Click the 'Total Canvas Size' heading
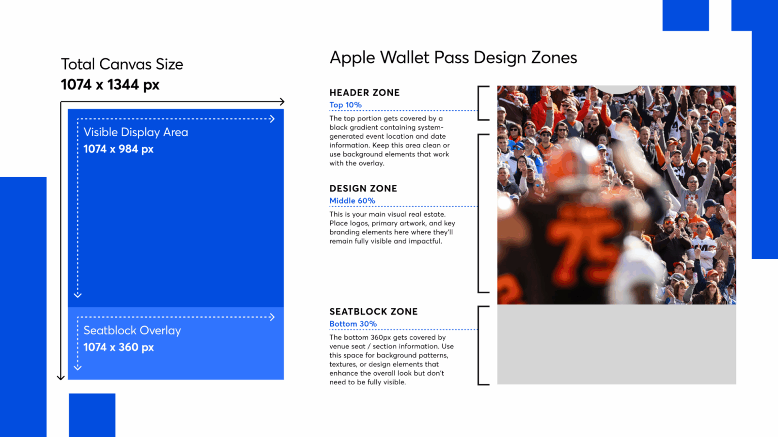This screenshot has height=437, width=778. pyautogui.click(x=122, y=64)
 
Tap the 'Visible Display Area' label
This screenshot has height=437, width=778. pyautogui.click(x=135, y=132)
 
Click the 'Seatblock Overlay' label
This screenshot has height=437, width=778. pyautogui.click(x=132, y=331)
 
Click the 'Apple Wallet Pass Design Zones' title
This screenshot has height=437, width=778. pyautogui.click(x=453, y=58)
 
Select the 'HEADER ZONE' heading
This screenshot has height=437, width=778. pyautogui.click(x=364, y=93)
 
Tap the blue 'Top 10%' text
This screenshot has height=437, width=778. pyautogui.click(x=345, y=105)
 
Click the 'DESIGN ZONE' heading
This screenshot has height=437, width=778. pyautogui.click(x=363, y=188)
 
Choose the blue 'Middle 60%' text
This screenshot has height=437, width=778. pyautogui.click(x=352, y=201)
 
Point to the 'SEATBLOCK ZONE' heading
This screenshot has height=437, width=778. pyautogui.click(x=373, y=311)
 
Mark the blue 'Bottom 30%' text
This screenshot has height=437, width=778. pyautogui.click(x=353, y=324)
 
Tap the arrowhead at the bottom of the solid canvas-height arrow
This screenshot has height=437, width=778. pyautogui.click(x=61, y=377)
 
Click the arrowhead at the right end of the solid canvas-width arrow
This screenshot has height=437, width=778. pyautogui.click(x=282, y=102)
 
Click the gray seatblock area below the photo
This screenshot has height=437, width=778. pyautogui.click(x=616, y=344)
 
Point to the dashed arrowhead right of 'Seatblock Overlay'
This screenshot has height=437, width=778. pyautogui.click(x=272, y=317)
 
